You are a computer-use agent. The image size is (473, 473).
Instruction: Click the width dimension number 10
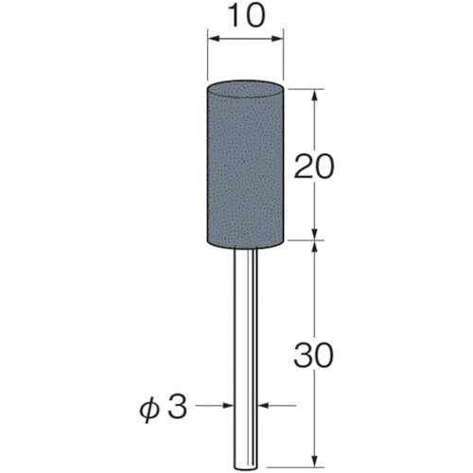(x=246, y=18)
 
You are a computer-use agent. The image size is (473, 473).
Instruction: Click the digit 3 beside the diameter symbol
(x=201, y=409)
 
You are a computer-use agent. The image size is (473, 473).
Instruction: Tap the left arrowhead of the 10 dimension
(x=213, y=40)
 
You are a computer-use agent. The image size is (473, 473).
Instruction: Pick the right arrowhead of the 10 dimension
(x=279, y=40)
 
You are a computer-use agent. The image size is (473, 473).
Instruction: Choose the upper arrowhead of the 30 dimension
(x=312, y=247)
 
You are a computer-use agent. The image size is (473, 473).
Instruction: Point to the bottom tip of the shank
(x=246, y=465)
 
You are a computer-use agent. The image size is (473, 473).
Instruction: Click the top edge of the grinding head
(x=246, y=88)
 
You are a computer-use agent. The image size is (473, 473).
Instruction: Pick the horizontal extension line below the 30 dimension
(x=303, y=468)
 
